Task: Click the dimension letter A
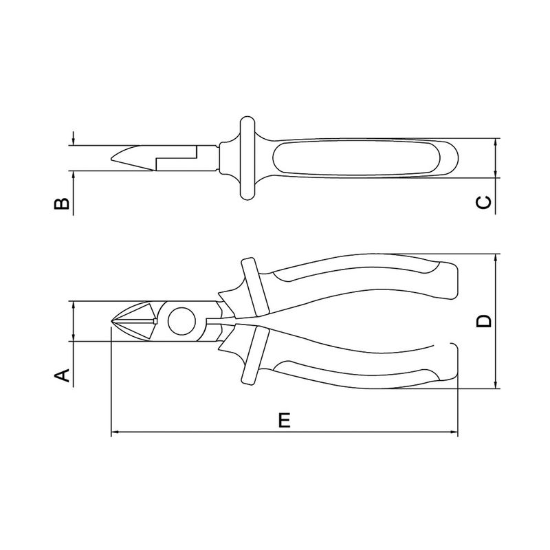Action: pyautogui.click(x=62, y=375)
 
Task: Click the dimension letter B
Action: pyautogui.click(x=62, y=203)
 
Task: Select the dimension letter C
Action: pyautogui.click(x=484, y=202)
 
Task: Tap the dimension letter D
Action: pyautogui.click(x=484, y=321)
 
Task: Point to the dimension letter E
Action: pyautogui.click(x=285, y=420)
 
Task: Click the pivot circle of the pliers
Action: pyautogui.click(x=181, y=321)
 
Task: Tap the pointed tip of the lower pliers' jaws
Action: pyautogui.click(x=112, y=321)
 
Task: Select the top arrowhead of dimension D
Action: pyautogui.click(x=495, y=258)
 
